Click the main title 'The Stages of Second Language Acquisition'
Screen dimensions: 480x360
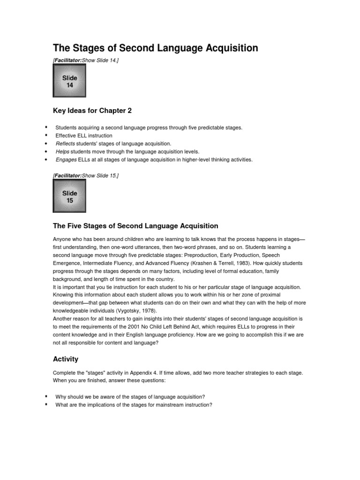click(155, 48)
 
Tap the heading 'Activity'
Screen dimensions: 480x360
click(66, 359)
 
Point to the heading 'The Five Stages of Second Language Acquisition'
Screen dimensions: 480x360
click(135, 225)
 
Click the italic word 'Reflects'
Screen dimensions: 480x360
click(65, 143)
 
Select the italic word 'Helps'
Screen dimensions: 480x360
click(62, 151)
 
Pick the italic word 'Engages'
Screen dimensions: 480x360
click(66, 159)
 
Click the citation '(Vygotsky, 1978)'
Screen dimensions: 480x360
click(138, 311)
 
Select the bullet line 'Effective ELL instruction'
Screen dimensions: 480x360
click(84, 135)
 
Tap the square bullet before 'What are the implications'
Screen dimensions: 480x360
click(46, 405)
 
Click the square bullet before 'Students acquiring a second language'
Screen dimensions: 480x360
click(46, 127)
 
